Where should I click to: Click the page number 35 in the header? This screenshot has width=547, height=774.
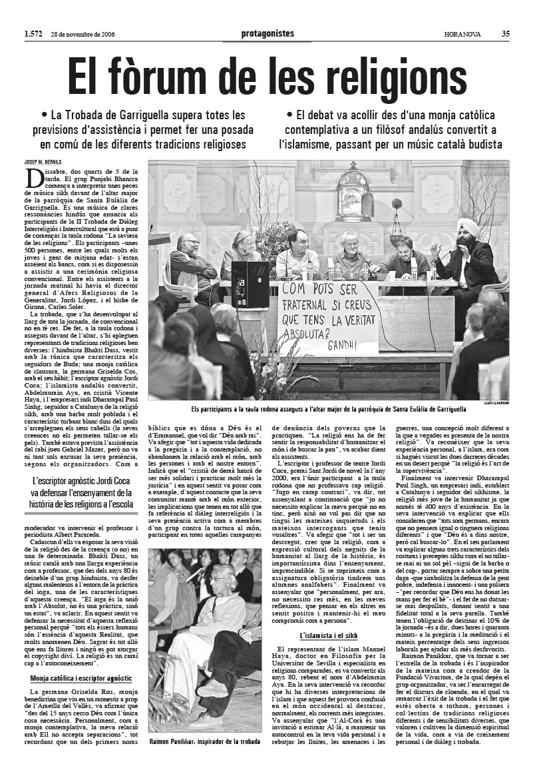click(506, 34)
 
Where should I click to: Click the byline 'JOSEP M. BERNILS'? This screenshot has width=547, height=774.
click(43, 162)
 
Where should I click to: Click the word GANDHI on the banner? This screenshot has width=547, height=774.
click(341, 345)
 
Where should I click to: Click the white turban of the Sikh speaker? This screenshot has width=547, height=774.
click(468, 226)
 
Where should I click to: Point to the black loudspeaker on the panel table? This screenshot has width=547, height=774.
click(250, 284)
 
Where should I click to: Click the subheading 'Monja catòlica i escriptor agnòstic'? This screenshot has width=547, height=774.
click(81, 678)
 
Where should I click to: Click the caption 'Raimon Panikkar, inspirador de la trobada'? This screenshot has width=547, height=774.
click(205, 741)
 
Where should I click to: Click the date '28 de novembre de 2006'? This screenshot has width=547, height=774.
click(84, 35)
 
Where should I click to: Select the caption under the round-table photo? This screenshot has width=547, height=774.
click(328, 408)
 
